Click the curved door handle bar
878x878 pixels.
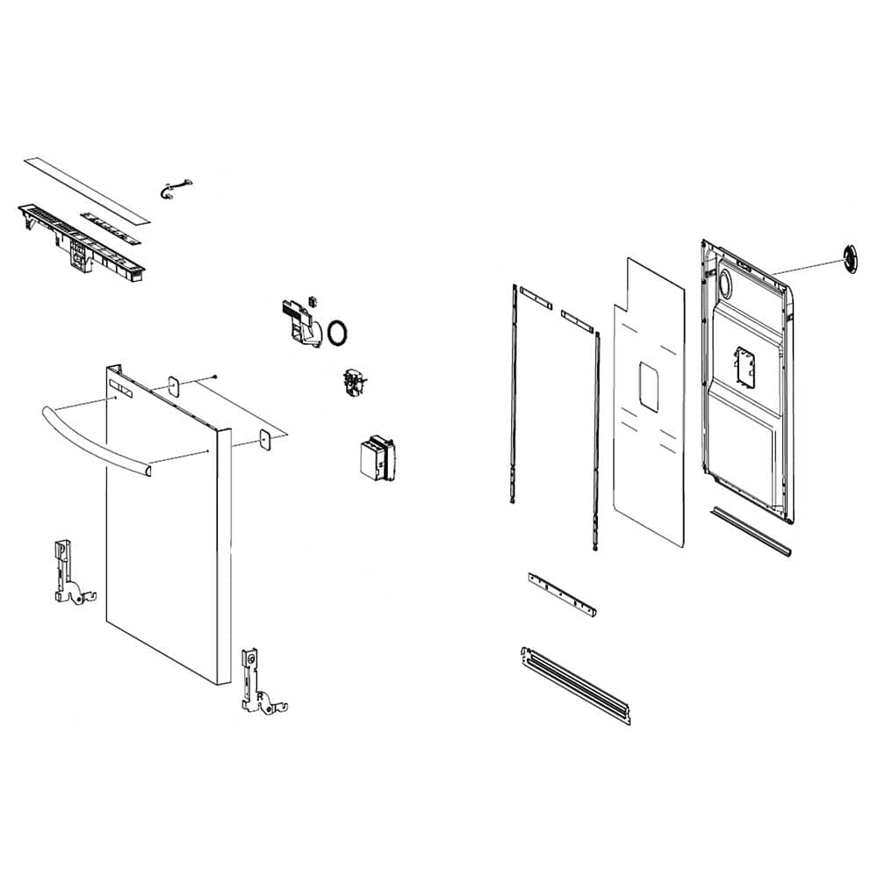coord(88,435)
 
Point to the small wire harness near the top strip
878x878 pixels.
coord(175,188)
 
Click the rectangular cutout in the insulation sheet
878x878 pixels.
coord(649,386)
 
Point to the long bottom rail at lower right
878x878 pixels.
coord(576,685)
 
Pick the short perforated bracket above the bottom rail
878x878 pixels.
coord(562,594)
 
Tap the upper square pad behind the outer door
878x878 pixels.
coord(174,385)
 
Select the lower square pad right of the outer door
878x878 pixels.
coord(263,440)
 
